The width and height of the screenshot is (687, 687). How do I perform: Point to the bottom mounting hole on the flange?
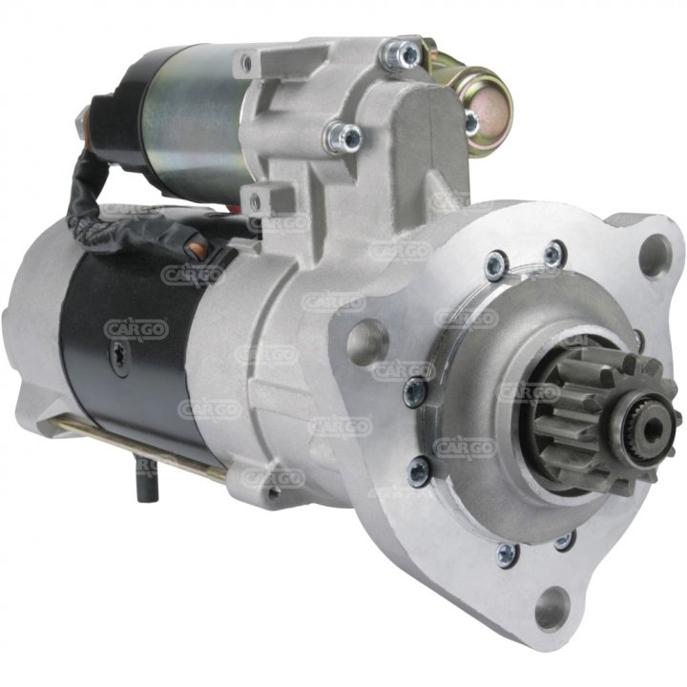click(552, 608)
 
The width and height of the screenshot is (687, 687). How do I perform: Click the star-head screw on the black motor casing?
click(118, 357)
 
